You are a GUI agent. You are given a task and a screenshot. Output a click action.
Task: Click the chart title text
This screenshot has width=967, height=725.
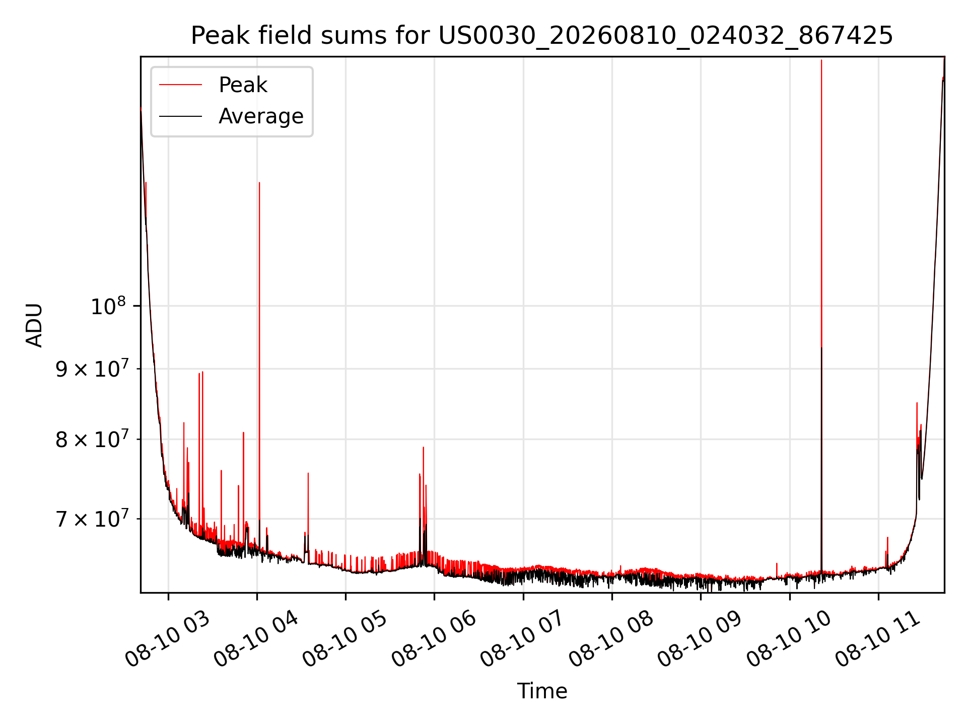[x=542, y=36]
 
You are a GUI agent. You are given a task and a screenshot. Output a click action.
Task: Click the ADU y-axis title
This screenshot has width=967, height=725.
[x=34, y=325]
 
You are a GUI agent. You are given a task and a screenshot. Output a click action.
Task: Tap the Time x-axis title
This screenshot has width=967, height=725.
[x=542, y=691]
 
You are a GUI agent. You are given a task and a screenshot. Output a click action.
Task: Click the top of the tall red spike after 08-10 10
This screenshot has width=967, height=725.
[x=821, y=60]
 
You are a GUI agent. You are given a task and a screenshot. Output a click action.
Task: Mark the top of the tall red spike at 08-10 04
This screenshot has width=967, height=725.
[x=259, y=183]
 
